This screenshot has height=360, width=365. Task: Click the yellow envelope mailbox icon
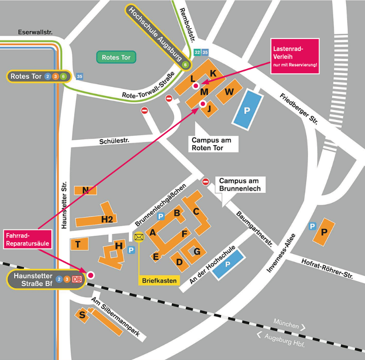139,237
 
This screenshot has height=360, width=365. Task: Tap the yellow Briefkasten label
159,280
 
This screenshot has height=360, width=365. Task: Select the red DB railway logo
77,279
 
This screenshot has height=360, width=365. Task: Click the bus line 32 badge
197,52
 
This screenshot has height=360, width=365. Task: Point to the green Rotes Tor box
116,57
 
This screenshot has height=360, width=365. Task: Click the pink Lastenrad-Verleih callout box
295,56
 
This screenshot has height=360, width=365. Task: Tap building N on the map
86,190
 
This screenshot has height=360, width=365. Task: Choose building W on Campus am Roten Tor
229,91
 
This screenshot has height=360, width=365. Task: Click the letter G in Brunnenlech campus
197,251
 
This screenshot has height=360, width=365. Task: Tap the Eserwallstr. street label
35,32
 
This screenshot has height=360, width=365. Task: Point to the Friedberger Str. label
299,108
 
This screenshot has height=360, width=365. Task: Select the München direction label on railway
287,324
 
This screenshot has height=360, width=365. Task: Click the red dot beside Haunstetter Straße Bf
90,275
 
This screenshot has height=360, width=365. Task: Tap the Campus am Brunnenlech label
240,184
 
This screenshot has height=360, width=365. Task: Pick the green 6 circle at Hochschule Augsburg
185,65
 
